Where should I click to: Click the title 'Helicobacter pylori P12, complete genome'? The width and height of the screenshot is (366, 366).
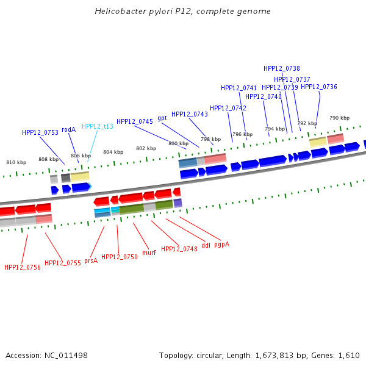[x=183, y=12]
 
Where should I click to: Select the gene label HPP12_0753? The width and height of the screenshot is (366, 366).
[x=40, y=132]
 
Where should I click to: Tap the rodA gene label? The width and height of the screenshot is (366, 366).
[x=68, y=129]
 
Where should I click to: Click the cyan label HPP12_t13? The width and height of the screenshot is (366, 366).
[x=98, y=126]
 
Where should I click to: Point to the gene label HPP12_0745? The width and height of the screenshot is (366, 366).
[x=135, y=121]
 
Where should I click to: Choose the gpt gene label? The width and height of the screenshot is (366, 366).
[x=162, y=118]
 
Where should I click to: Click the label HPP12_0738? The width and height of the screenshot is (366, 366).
[x=282, y=68]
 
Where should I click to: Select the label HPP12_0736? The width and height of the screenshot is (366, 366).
[x=319, y=87]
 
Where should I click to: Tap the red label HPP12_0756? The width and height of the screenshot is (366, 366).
[x=23, y=267]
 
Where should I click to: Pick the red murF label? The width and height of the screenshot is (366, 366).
[x=149, y=252]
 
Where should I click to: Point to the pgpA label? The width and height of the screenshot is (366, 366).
[x=222, y=244]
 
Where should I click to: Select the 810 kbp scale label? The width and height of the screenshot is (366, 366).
[x=16, y=162]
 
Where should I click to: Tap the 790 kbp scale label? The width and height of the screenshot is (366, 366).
[x=340, y=118]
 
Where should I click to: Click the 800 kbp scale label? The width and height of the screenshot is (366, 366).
[x=179, y=143]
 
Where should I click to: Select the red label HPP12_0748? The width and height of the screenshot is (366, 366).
[x=179, y=249]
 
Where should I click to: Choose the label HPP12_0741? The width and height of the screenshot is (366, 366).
[x=239, y=88]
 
